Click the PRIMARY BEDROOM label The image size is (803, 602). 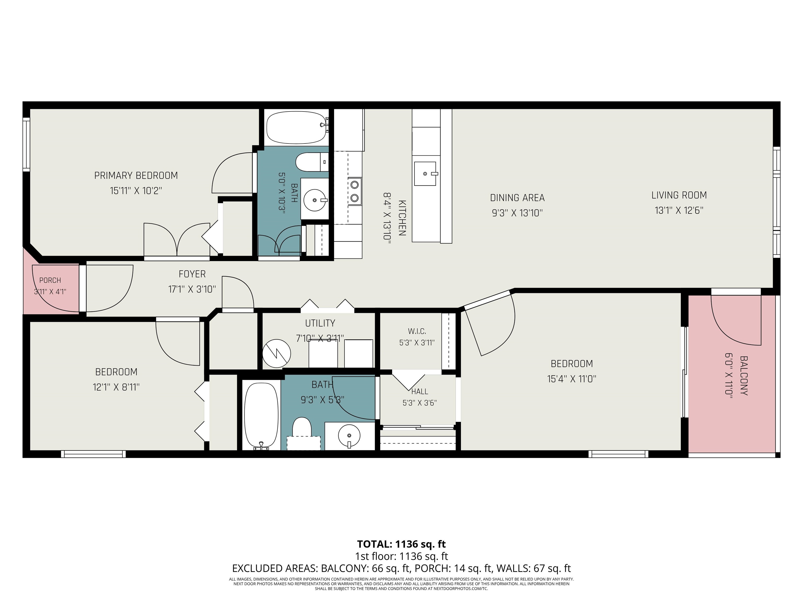click(x=136, y=176)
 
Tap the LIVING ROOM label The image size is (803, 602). click(x=679, y=195)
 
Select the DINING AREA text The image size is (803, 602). click(x=517, y=198)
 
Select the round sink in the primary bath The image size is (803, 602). click(x=314, y=200)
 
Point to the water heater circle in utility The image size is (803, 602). click(x=277, y=354)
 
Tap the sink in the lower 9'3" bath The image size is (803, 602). click(x=349, y=436)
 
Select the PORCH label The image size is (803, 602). click(x=50, y=280)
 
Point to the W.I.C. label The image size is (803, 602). click(x=417, y=331)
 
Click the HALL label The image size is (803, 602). click(x=420, y=392)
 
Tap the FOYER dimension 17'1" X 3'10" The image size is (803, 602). click(x=192, y=289)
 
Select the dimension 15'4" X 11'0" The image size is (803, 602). click(x=572, y=379)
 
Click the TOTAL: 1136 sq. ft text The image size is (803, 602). click(x=401, y=544)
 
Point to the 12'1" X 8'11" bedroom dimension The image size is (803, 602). click(x=116, y=387)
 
